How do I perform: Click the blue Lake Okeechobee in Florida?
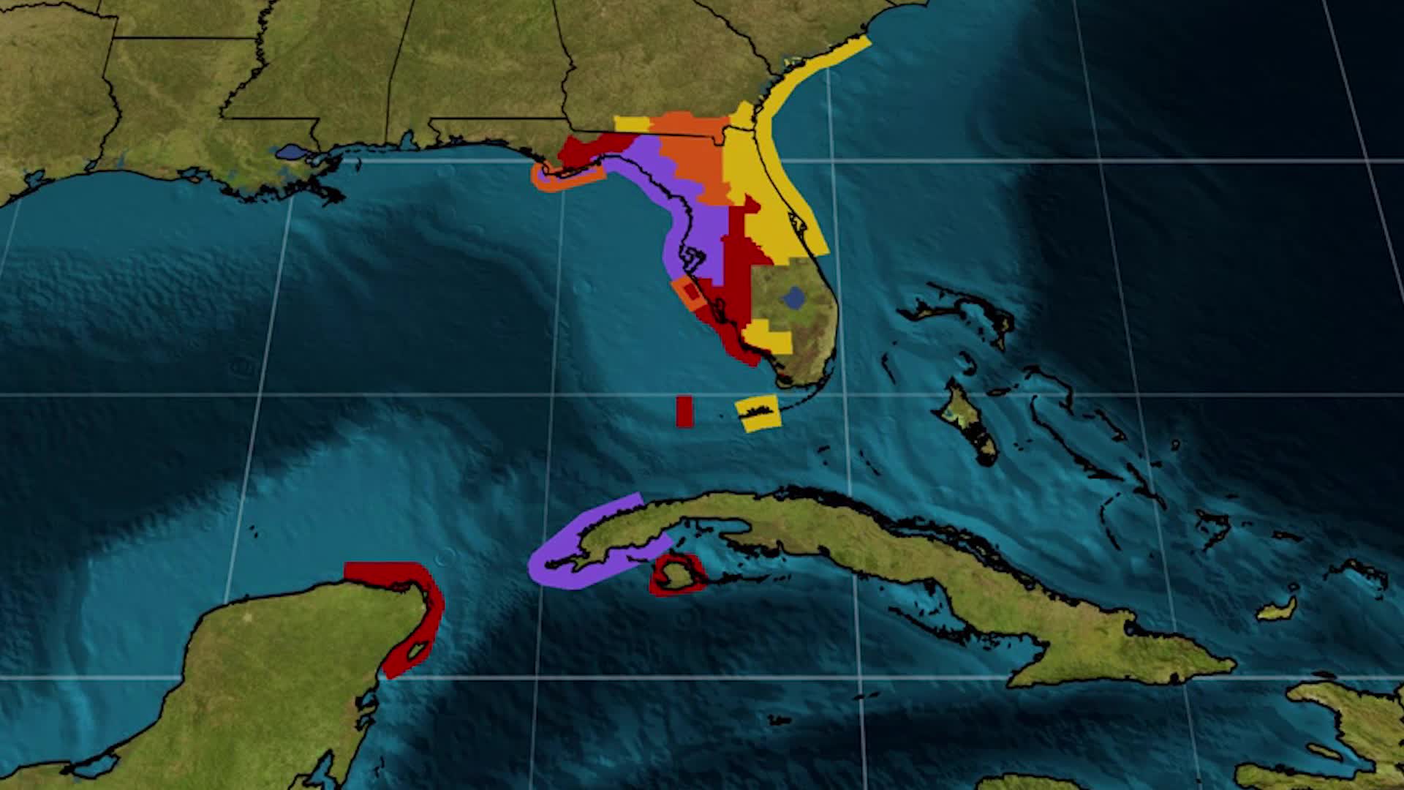pyautogui.click(x=793, y=297)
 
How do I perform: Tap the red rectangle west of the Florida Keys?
pyautogui.click(x=684, y=411)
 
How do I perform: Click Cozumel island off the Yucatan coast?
pyautogui.click(x=418, y=650)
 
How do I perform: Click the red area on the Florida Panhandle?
pyautogui.click(x=585, y=150)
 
